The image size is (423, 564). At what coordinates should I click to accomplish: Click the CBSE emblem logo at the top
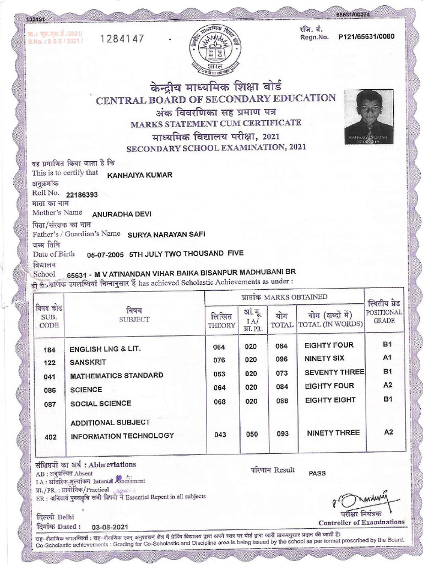pyautogui.click(x=215, y=51)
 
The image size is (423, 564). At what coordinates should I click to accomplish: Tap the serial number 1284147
pyautogui.click(x=122, y=39)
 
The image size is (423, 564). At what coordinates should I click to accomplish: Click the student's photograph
pyautogui.click(x=368, y=117)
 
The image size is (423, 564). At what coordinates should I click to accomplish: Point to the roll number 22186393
pyautogui.click(x=82, y=195)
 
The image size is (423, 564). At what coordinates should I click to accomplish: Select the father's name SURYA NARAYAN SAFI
pyautogui.click(x=166, y=234)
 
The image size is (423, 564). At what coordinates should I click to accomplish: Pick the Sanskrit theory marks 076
pyautogui.click(x=219, y=360)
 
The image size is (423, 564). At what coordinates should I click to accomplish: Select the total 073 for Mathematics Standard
pyautogui.click(x=283, y=375)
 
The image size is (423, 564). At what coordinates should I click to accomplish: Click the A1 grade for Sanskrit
pyautogui.click(x=387, y=358)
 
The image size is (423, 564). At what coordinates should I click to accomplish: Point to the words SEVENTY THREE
pyautogui.click(x=334, y=372)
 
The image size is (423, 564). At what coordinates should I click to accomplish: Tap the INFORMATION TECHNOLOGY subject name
pyautogui.click(x=122, y=436)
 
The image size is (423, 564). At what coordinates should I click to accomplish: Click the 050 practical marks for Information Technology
pyautogui.click(x=251, y=434)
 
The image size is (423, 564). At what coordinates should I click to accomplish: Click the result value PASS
pyautogui.click(x=317, y=473)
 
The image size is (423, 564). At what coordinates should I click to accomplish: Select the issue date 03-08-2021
pyautogui.click(x=107, y=527)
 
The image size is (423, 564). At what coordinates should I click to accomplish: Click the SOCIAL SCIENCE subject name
pyautogui.click(x=100, y=403)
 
